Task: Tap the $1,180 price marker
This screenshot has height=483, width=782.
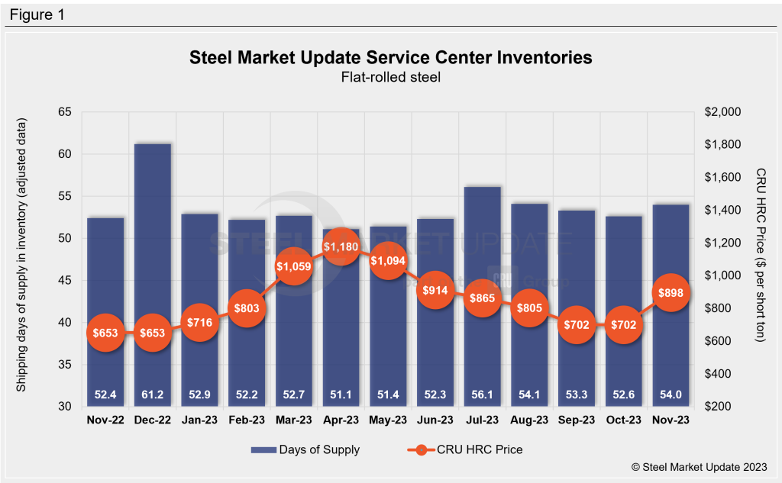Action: (x=340, y=247)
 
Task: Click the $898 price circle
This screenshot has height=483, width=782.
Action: (x=670, y=292)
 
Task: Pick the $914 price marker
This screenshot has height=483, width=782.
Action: (x=435, y=291)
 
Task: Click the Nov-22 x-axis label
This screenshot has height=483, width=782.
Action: (x=105, y=420)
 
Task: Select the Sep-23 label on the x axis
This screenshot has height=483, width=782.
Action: (x=576, y=420)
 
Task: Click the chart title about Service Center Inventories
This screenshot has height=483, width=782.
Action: (x=390, y=57)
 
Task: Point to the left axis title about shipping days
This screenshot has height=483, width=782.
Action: (x=22, y=256)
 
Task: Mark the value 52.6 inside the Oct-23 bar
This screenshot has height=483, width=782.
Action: (x=623, y=394)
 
